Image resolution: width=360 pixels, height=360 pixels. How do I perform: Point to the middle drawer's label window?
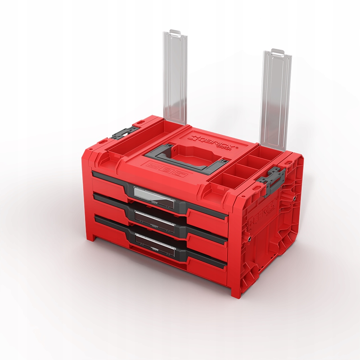click(x=154, y=218)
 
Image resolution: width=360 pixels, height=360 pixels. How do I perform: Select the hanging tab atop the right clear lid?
click(x=278, y=52)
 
